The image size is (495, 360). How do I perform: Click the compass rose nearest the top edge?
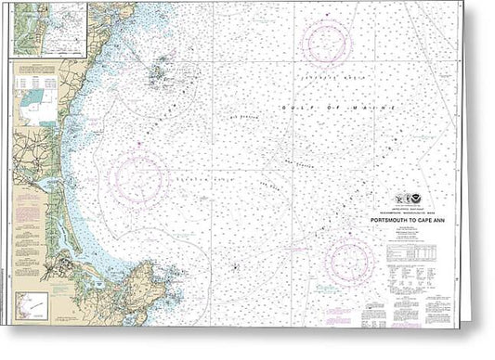click(326, 43)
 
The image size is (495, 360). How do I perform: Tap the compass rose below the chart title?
click(349, 261)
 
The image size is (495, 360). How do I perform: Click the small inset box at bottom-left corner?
click(33, 305)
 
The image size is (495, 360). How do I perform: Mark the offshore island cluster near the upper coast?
click(161, 71)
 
